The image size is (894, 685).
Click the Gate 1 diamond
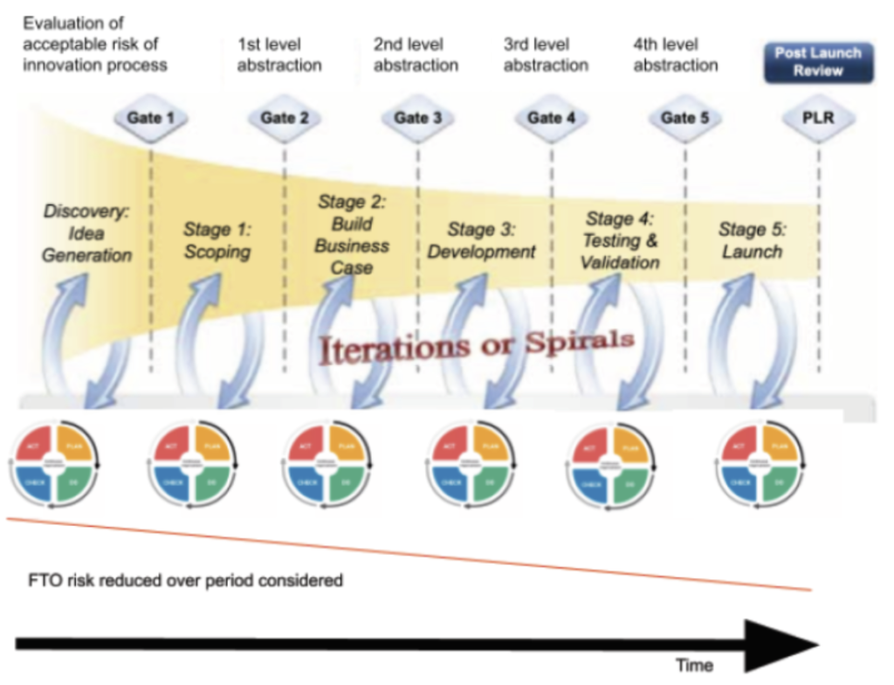[151, 118]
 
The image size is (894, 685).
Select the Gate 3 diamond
[418, 118]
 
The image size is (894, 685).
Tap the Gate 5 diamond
[685, 118]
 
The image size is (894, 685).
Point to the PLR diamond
[818, 118]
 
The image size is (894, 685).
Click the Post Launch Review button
[818, 62]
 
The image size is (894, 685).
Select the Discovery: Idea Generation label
[87, 232]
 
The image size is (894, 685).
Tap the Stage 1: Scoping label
[217, 240]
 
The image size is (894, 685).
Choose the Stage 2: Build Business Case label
[352, 235]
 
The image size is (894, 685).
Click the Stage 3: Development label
[481, 240]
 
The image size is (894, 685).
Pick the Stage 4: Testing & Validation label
[620, 240]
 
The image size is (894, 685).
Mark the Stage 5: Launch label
[752, 240]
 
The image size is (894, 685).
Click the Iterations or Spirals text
[477, 346]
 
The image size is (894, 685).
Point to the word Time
[694, 665]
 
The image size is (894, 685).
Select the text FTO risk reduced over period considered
[183, 579]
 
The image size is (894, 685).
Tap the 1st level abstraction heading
[279, 54]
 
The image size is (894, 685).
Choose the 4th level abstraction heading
[676, 54]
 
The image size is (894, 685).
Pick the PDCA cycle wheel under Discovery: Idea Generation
[55, 460]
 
